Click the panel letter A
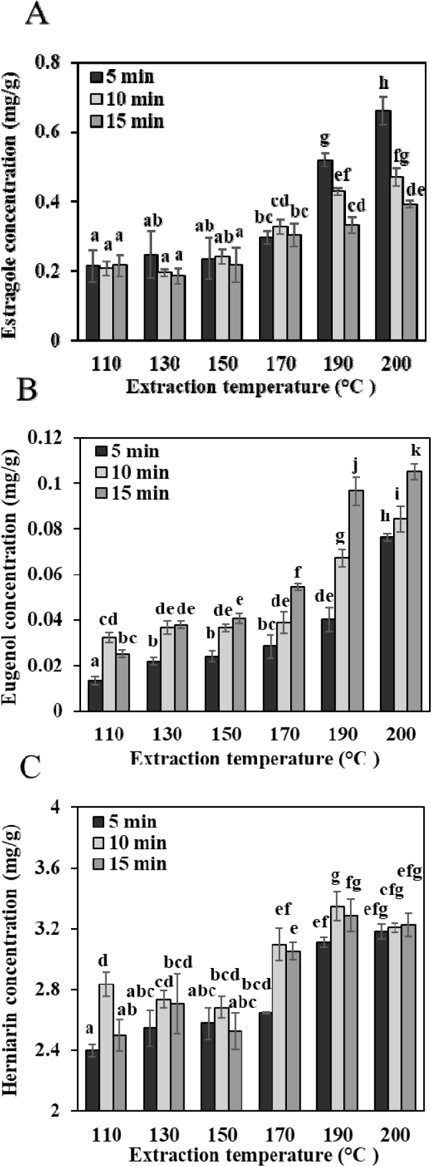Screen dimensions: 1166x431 (37, 15)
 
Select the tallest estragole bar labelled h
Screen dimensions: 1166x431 (383, 226)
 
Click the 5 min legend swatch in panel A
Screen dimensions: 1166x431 (96, 77)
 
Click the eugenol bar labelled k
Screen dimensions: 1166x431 (415, 591)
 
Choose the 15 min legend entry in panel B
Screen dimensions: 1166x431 (130, 494)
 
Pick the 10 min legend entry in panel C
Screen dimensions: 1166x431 (130, 844)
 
